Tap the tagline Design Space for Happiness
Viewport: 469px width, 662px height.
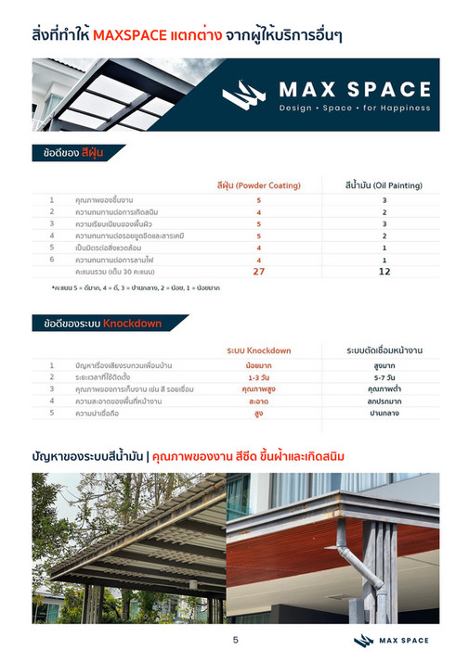(x=356, y=108)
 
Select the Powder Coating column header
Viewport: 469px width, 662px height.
(x=259, y=185)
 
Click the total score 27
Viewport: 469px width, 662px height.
(x=259, y=272)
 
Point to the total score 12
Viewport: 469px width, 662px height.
(x=384, y=272)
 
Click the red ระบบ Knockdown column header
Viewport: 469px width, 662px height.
(x=259, y=350)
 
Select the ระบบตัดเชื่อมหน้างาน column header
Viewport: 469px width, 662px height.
(x=384, y=350)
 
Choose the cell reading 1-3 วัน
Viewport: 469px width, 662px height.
(x=259, y=378)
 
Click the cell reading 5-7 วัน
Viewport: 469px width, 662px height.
(x=384, y=378)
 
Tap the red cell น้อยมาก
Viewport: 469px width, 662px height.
(x=259, y=366)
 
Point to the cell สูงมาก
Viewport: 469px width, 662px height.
(x=384, y=366)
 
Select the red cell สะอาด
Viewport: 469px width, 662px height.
(x=259, y=401)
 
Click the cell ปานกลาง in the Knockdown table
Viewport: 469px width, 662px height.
(x=384, y=414)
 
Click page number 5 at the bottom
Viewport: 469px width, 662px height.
(x=235, y=641)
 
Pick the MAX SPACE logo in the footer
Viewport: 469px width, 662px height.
(x=390, y=641)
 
